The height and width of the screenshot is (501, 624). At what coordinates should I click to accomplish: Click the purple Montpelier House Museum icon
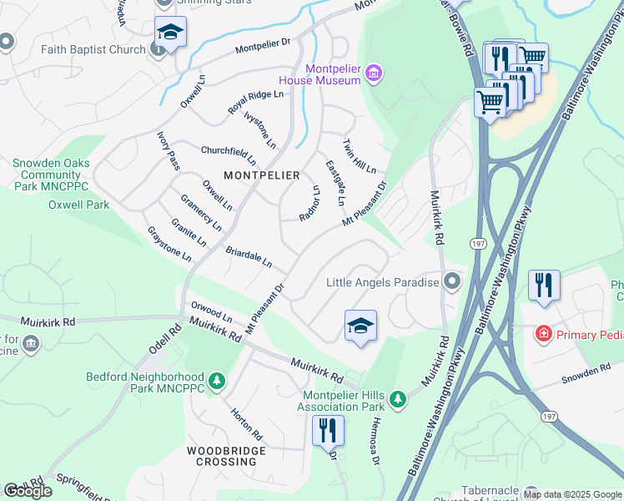[374, 74]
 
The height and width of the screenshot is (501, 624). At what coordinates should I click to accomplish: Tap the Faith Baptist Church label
[93, 49]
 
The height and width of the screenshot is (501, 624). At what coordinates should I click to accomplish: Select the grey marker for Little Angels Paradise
[452, 282]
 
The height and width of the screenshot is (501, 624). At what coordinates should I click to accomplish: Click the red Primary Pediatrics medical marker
[544, 334]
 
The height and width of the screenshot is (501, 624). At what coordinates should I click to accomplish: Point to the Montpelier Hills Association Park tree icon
[399, 398]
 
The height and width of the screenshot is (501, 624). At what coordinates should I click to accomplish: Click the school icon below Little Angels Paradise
[360, 325]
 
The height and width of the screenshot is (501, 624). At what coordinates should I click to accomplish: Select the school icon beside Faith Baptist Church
[170, 32]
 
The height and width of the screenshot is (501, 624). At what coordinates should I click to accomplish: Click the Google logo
[28, 490]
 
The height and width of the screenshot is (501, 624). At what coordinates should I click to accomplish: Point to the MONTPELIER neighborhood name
[261, 175]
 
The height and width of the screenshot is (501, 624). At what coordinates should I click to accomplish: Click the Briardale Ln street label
[249, 256]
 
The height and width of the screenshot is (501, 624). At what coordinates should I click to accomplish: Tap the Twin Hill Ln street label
[360, 157]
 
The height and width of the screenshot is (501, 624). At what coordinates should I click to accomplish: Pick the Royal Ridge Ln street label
[255, 103]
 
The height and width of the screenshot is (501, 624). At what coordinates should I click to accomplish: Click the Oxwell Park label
[78, 205]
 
